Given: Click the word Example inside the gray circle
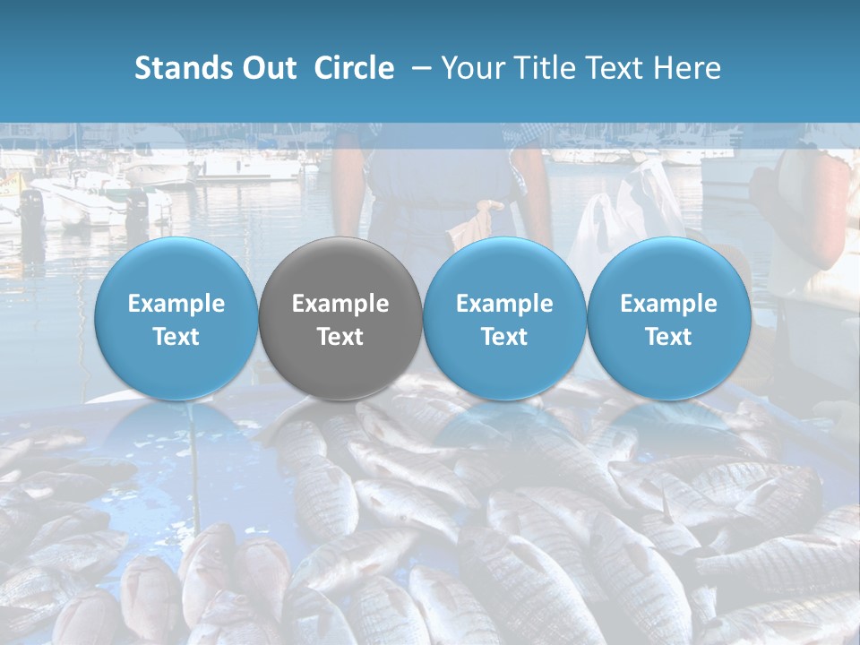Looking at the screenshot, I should click(340, 304).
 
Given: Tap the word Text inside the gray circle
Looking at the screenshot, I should click(340, 337).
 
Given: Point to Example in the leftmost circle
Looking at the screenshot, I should click(176, 304).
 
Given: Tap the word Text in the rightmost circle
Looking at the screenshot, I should click(668, 337).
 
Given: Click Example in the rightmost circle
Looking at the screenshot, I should click(668, 304).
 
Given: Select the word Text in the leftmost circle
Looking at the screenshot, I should click(176, 337).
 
